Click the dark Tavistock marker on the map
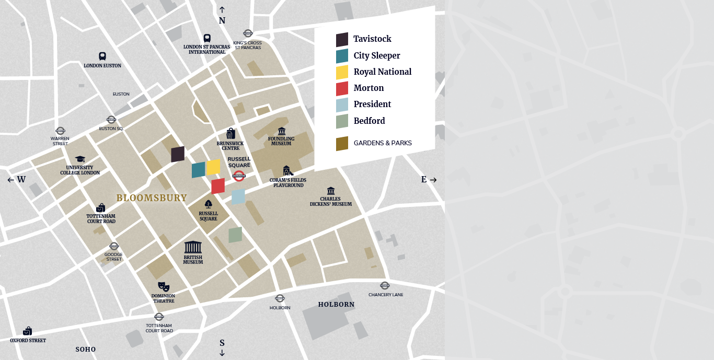178,154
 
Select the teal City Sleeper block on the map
198,170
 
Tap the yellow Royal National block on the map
213,167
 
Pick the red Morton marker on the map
218,186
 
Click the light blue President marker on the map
238,196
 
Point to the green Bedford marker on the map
235,235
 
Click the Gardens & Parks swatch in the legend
342,144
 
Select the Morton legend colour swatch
342,89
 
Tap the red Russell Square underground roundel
239,176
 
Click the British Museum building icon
193,247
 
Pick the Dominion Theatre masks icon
164,287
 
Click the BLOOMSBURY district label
152,198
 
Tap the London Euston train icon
102,56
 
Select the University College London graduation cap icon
80,159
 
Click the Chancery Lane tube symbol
385,285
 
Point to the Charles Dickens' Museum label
330,201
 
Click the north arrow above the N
222,10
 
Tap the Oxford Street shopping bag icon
28,331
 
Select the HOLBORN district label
336,305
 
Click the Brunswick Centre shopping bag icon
231,134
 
